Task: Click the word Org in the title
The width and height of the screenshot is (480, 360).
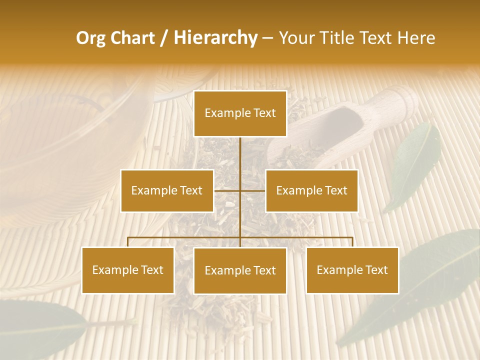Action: (90, 38)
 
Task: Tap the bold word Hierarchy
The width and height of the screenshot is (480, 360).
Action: (215, 38)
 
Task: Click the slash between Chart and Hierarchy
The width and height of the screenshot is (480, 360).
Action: (163, 38)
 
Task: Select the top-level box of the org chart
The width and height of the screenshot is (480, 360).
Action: (240, 113)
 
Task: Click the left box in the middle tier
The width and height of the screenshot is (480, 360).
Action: (167, 190)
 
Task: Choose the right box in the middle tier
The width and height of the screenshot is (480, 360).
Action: (311, 190)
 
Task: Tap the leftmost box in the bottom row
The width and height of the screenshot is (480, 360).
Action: (128, 270)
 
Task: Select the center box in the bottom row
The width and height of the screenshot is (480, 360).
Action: (240, 271)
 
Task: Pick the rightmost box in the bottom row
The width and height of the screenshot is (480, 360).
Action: (352, 270)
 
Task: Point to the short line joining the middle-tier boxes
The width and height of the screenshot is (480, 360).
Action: (240, 190)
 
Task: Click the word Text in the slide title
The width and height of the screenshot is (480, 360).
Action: (377, 38)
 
